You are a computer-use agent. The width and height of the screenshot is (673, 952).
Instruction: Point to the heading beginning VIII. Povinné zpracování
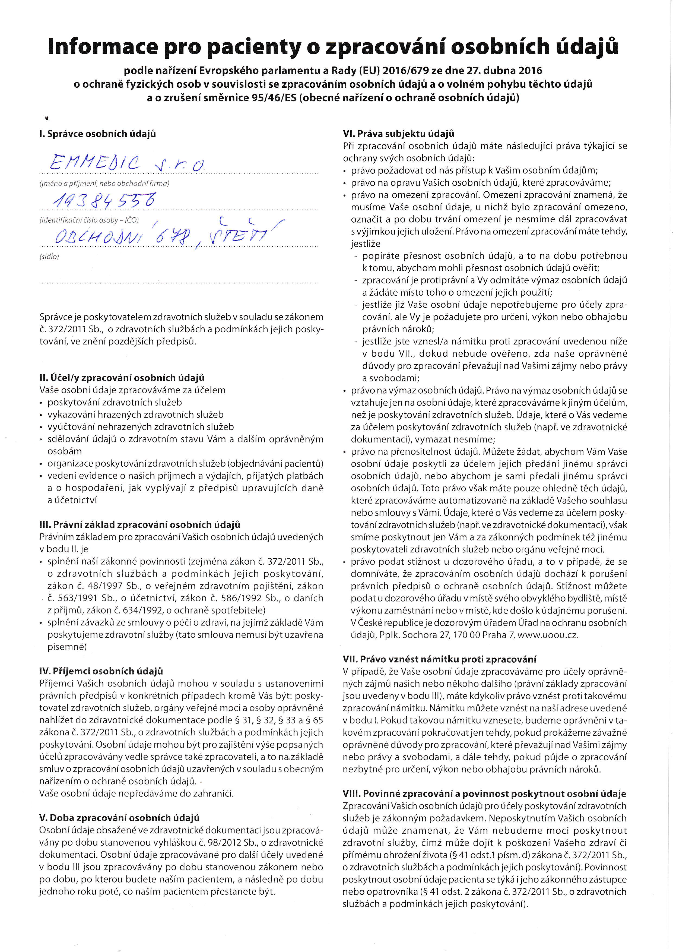484,794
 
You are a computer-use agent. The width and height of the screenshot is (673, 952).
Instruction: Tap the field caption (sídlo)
49,257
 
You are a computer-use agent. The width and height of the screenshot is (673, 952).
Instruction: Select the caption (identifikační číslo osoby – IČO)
89,220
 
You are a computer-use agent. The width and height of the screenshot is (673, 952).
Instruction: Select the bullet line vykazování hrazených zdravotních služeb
135,415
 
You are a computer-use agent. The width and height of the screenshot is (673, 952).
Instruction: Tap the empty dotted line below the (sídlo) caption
178,283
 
